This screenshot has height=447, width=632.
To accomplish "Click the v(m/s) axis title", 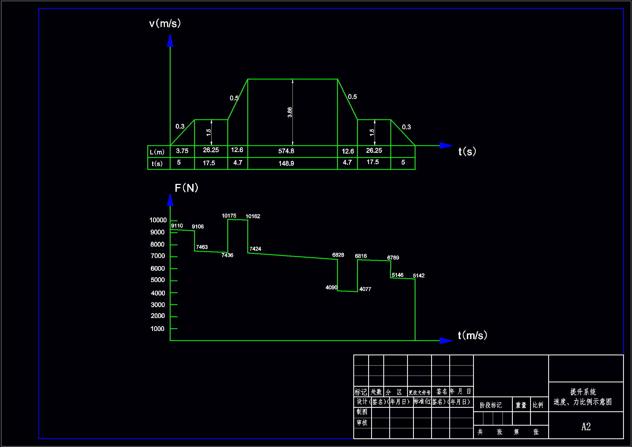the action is pyautogui.click(x=165, y=24).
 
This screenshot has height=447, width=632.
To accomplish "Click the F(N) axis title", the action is pyautogui.click(x=186, y=188).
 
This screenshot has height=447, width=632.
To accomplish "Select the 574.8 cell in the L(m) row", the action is pyautogui.click(x=286, y=151).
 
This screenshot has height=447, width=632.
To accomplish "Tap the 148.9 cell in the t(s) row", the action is pyautogui.click(x=286, y=163).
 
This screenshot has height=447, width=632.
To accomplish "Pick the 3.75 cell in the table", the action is pyautogui.click(x=182, y=151).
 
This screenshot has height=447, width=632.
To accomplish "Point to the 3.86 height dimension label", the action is pyautogui.click(x=290, y=112).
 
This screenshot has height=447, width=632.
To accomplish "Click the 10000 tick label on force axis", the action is pyautogui.click(x=158, y=220).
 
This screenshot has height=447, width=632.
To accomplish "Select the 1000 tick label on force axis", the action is pyautogui.click(x=157, y=329).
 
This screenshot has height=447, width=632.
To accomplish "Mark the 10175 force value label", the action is pyautogui.click(x=229, y=216).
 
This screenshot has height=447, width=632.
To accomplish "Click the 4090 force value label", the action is pyautogui.click(x=331, y=287).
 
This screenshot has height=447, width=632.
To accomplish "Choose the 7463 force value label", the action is pyautogui.click(x=202, y=247).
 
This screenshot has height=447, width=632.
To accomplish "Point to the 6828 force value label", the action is pyautogui.click(x=338, y=255).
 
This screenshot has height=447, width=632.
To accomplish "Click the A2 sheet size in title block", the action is pyautogui.click(x=586, y=427).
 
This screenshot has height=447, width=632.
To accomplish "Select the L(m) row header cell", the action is pyautogui.click(x=157, y=152).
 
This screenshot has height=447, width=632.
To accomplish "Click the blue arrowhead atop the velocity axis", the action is pyautogui.click(x=170, y=41).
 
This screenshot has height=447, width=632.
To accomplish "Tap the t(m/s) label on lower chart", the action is pyautogui.click(x=472, y=335).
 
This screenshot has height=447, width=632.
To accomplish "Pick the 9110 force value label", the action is pyautogui.click(x=177, y=226).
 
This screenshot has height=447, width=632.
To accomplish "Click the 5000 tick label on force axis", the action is pyautogui.click(x=158, y=280).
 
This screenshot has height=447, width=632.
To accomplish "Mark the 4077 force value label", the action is pyautogui.click(x=365, y=289).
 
